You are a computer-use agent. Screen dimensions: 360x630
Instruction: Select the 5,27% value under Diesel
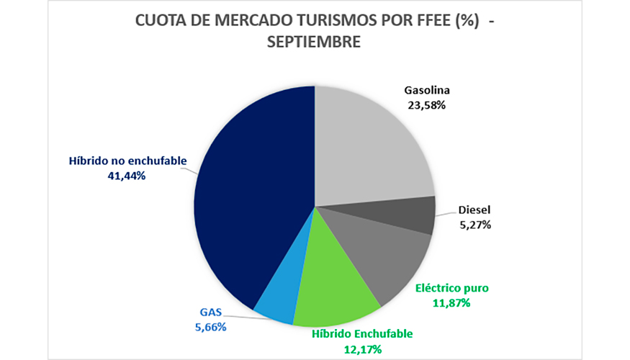474,225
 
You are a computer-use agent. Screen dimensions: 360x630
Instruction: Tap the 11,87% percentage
452,303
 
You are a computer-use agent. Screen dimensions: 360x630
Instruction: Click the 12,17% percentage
362,349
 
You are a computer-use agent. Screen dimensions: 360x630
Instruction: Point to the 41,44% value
127,175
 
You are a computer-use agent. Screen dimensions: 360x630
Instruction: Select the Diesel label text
474,211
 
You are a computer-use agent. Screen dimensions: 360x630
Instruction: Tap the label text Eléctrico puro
452,288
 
